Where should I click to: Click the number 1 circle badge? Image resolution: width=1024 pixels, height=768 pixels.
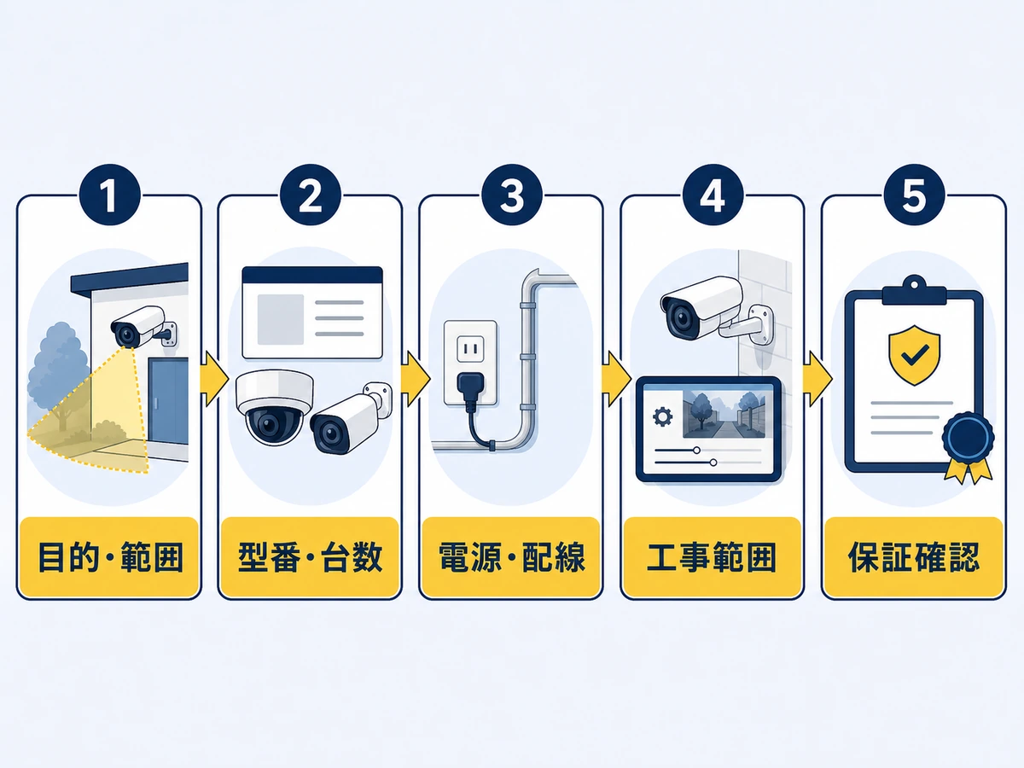109,195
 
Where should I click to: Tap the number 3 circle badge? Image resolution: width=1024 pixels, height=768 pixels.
512,195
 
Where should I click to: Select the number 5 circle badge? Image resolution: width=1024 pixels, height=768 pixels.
914,195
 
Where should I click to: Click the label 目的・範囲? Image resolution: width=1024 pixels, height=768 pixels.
110,557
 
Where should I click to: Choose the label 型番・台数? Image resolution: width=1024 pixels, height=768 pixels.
311,557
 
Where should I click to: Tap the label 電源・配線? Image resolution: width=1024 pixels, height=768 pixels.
512,557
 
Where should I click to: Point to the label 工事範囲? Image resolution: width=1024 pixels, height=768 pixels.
713,557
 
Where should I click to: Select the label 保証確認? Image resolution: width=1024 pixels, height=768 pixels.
914,557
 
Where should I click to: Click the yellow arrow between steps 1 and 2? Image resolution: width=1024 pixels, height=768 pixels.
213,379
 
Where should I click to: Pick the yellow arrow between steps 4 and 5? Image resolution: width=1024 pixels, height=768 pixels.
817,379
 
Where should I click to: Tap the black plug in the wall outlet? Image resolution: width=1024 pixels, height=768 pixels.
471,391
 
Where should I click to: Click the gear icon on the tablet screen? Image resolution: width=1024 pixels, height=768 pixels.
662,416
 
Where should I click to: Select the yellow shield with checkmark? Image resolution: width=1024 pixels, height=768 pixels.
914,355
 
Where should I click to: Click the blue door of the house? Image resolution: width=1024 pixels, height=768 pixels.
168,401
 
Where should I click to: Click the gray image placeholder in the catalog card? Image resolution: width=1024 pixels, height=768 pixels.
281,319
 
